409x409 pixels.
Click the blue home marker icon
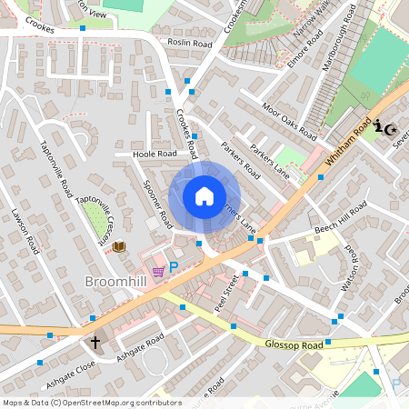[204, 196]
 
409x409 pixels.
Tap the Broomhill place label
[116, 282]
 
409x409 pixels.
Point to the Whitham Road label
[345, 144]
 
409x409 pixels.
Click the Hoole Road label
[155, 155]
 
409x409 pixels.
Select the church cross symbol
[95, 343]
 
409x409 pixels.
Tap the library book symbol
[118, 245]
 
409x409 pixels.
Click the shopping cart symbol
[158, 270]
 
